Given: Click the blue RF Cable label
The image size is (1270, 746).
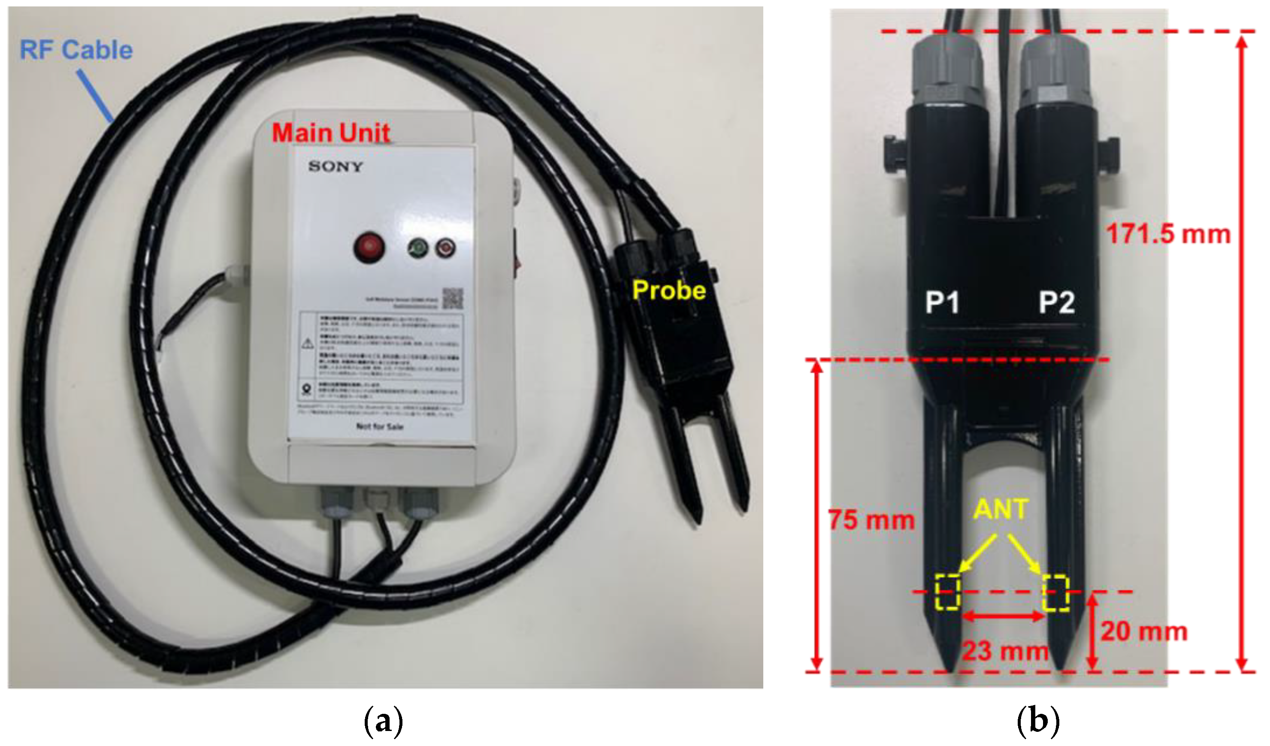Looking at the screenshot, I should tap(76, 51).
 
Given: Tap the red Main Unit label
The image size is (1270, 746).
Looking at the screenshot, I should tap(331, 133).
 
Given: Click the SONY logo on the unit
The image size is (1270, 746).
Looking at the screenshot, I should tap(336, 166).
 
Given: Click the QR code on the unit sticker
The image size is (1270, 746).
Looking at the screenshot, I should tap(452, 299).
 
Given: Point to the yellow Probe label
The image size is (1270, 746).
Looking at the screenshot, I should tap(669, 290).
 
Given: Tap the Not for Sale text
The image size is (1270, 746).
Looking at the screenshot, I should tap(379, 426).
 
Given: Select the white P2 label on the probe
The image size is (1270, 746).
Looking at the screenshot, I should tap(1057, 303).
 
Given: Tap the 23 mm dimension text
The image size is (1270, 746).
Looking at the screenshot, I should tap(1005, 651).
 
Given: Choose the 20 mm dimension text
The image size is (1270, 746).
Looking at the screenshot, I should tap(1143, 631).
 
